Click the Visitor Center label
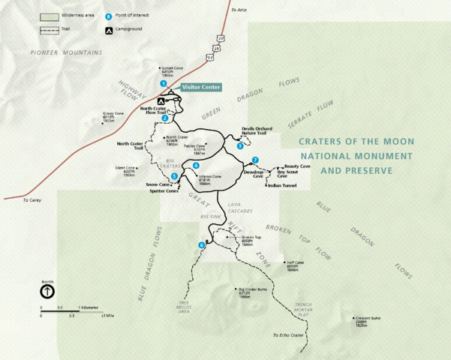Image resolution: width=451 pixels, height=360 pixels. [x=201, y=88]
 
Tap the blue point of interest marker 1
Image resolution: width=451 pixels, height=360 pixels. [x=163, y=83]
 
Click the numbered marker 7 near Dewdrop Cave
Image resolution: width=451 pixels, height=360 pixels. [x=255, y=160]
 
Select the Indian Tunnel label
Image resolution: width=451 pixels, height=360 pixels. [x=281, y=185]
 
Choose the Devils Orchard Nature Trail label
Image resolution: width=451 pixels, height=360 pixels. [x=258, y=130]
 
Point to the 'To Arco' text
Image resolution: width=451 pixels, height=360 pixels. [x=239, y=10]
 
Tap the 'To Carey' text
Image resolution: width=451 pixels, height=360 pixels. [x=32, y=200]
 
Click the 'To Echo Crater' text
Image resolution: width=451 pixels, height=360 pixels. [x=288, y=335]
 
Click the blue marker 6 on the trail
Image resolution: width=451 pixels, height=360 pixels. [x=201, y=244]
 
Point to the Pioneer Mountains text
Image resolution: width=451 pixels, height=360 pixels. [x=66, y=52]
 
